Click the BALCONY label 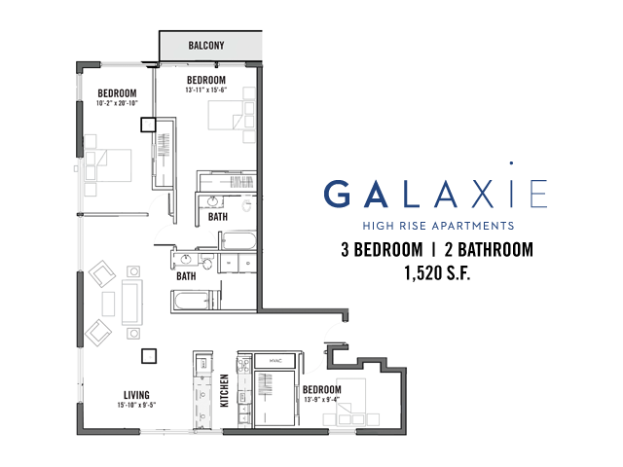(206, 46)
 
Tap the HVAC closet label (275, 361)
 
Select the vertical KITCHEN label (225, 390)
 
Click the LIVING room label (136, 395)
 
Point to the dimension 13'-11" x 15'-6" (205, 90)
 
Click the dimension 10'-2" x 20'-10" (117, 103)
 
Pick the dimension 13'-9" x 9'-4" (322, 400)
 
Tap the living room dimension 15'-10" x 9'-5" (136, 405)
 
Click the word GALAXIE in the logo (436, 194)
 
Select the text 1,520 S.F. (437, 272)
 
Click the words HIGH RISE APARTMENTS (438, 226)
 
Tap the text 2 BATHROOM (489, 250)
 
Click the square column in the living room (149, 356)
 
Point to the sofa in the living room (132, 303)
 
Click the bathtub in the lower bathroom (192, 301)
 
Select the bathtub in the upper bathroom (238, 241)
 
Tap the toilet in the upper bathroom (246, 206)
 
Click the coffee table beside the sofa (108, 304)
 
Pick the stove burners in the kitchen (243, 364)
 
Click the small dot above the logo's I (511, 162)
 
